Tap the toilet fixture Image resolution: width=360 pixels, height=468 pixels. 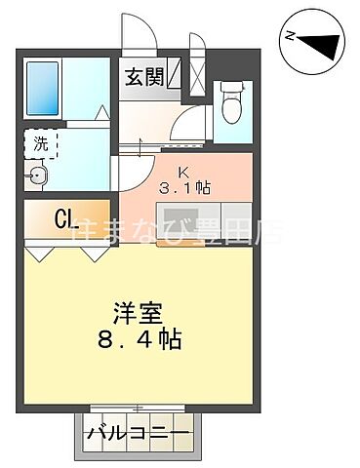pos(231,100)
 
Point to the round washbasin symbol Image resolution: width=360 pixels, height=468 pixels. pos(40,176)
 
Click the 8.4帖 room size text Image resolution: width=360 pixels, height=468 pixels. pos(140,341)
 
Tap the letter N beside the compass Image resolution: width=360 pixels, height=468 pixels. pos(290,37)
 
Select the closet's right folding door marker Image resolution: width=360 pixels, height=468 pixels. pos(96,253)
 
